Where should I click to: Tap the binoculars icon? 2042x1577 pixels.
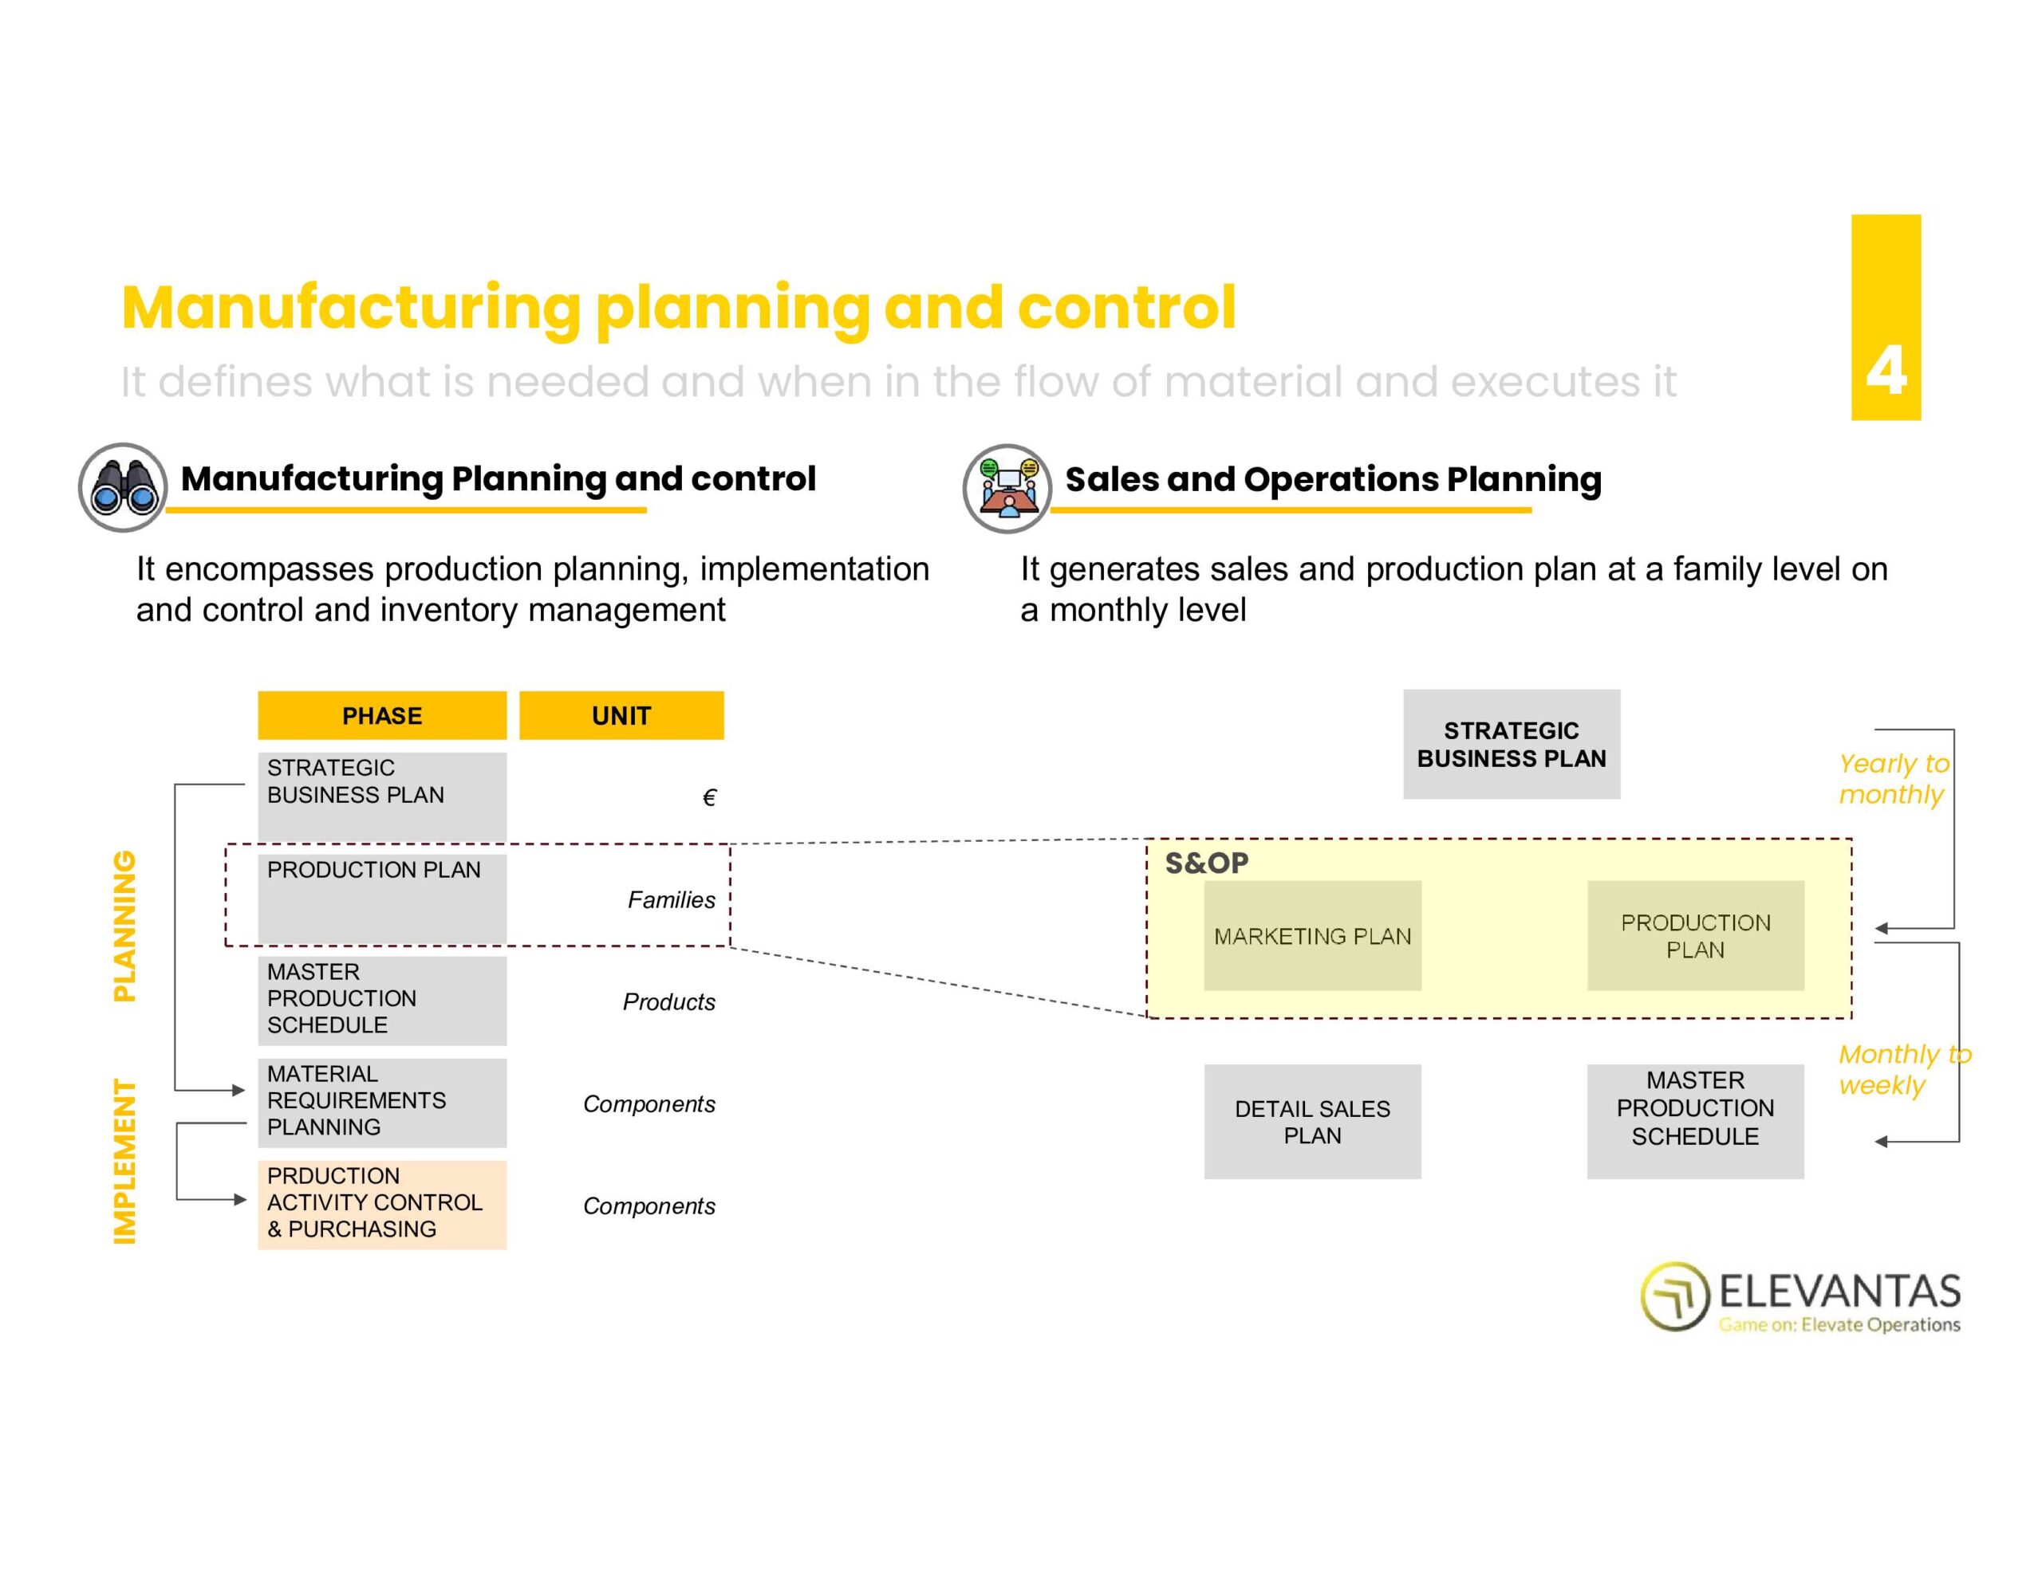pyautogui.click(x=124, y=487)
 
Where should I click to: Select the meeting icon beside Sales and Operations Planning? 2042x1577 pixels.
pyautogui.click(x=1007, y=488)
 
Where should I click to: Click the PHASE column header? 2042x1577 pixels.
pyautogui.click(x=381, y=716)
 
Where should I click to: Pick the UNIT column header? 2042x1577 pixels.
pyautogui.click(x=621, y=716)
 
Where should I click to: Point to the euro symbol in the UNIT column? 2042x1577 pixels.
pyautogui.click(x=708, y=797)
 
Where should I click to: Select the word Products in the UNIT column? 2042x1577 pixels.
pyautogui.click(x=668, y=1001)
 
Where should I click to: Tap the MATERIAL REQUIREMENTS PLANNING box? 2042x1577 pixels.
pyautogui.click(x=381, y=1101)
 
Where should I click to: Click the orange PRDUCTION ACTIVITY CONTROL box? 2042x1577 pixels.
pyautogui.click(x=381, y=1203)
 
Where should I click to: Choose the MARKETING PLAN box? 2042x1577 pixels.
pyautogui.click(x=1312, y=936)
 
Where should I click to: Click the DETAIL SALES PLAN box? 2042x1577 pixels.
pyautogui.click(x=1312, y=1121)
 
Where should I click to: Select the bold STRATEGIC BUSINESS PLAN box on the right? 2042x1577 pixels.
pyautogui.click(x=1511, y=744)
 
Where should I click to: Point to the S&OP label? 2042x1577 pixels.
pyautogui.click(x=1206, y=863)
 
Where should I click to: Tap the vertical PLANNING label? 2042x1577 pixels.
pyautogui.click(x=124, y=926)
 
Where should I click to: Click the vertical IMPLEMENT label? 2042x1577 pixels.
pyautogui.click(x=124, y=1161)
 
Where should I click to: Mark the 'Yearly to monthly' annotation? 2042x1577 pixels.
pyautogui.click(x=1892, y=779)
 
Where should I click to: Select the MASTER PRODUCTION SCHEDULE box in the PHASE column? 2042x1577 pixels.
pyautogui.click(x=381, y=999)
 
